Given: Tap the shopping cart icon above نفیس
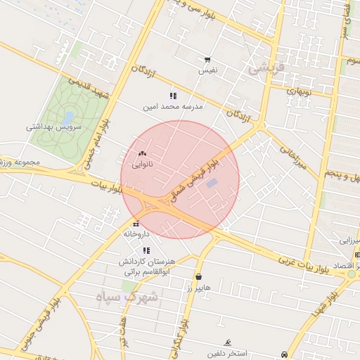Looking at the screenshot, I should (207, 60).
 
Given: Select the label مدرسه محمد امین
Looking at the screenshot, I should (173, 107).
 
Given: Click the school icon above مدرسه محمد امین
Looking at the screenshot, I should (173, 96).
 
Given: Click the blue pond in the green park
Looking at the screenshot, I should (68, 117).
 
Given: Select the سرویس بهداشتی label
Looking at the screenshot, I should (54, 127).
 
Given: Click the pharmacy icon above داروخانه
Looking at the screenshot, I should (136, 224).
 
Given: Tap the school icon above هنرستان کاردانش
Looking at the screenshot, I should (146, 250).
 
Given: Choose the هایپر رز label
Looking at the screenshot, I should (199, 288).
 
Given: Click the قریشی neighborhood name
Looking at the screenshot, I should (268, 68).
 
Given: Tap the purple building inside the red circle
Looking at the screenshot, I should (212, 184).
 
